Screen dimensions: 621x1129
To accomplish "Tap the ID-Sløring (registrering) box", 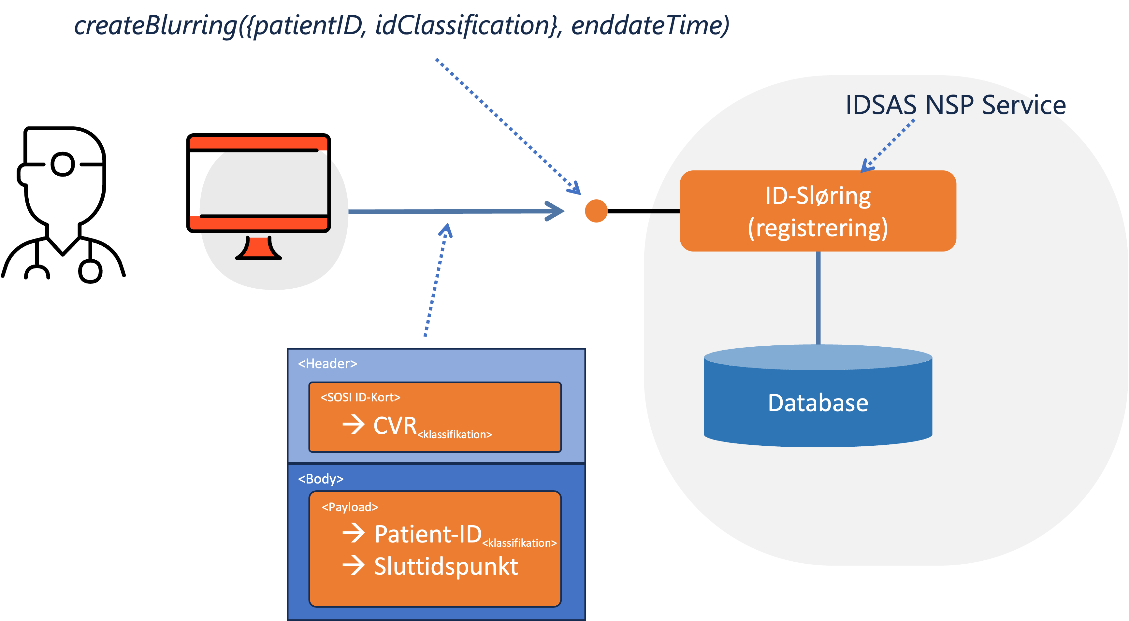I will click(818, 211).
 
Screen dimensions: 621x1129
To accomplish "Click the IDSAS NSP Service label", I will click(955, 105).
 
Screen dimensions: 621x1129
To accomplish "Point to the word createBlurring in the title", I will click(156, 25).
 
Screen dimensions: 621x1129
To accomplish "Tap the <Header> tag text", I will click(327, 363).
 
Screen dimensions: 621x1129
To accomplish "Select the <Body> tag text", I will click(320, 479).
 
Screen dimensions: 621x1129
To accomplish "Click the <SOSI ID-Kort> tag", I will click(360, 397).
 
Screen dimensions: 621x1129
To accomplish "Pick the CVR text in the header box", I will click(395, 426).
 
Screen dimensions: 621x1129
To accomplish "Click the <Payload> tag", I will click(350, 507).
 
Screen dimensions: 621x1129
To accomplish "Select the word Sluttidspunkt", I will click(446, 566).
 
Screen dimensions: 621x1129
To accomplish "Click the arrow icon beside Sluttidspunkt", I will click(353, 565).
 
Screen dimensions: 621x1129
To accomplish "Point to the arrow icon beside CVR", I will click(353, 424).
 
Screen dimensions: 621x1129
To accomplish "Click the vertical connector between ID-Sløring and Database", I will click(818, 298).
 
